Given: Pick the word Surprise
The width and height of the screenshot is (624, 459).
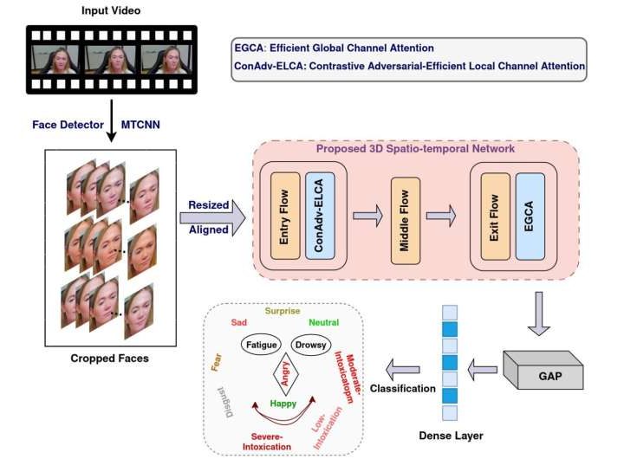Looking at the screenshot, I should tap(283, 309).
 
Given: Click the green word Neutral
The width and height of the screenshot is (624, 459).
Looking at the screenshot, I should tap(323, 322).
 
